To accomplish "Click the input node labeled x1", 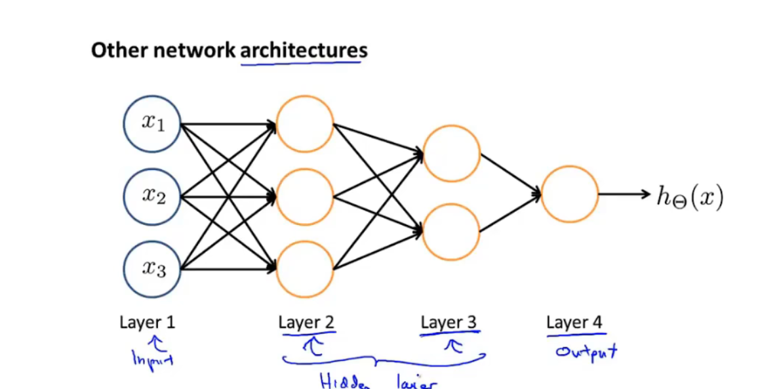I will (152, 124).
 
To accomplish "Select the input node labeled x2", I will (152, 196).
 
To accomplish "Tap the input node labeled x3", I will (152, 269).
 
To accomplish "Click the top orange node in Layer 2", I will (305, 124).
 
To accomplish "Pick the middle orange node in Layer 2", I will (305, 196).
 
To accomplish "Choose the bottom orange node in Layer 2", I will (305, 269).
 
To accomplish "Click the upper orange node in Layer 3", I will (451, 154).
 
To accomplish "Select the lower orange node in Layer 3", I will (451, 232).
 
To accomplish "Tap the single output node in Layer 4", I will (570, 194).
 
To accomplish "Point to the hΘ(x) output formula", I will (690, 195).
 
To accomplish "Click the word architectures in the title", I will (304, 51).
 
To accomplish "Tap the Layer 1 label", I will (148, 322).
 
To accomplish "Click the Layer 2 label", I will (307, 322).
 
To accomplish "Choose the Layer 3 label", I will (449, 322).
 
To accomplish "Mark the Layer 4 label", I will (574, 322).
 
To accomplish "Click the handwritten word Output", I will (586, 352).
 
